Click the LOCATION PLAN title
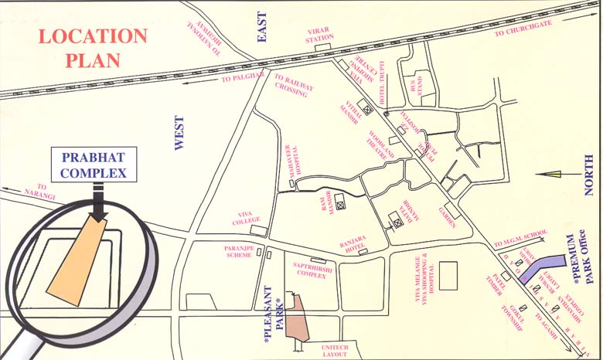coord(93,47)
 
